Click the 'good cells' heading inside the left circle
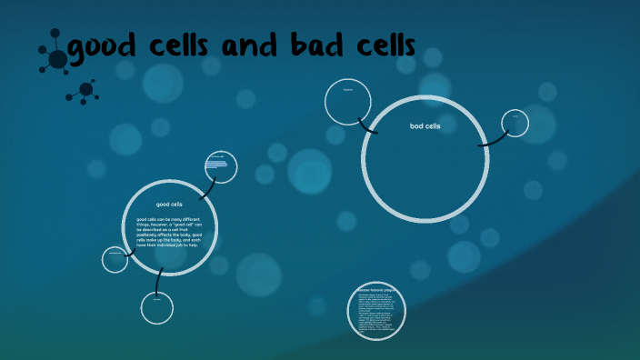(170, 204)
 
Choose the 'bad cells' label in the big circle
(425, 125)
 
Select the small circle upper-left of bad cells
(348, 101)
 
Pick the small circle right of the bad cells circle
(515, 123)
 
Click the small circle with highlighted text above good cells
(221, 165)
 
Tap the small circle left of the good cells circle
(115, 259)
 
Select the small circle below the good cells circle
(156, 307)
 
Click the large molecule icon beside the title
(56, 56)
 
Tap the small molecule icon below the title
(85, 90)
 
